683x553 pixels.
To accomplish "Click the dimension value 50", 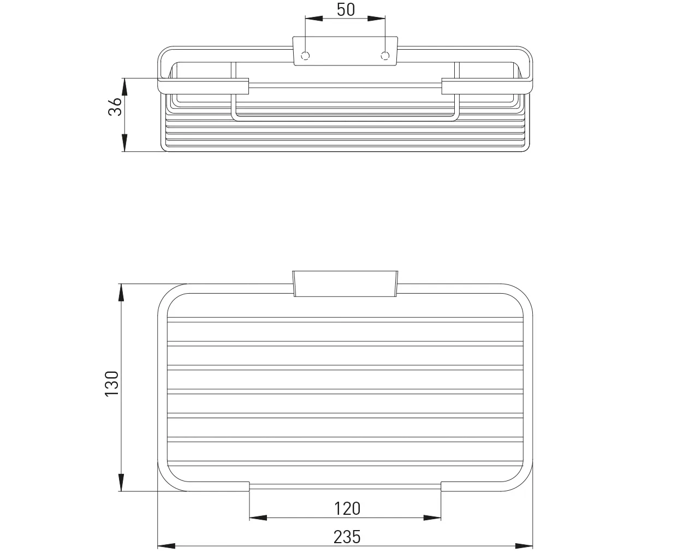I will point(345,10).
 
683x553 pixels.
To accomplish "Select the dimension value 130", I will point(112,383).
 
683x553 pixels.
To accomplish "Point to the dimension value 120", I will point(347,509).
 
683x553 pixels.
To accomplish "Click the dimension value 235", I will point(347,537).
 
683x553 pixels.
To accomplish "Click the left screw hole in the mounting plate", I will point(306,55).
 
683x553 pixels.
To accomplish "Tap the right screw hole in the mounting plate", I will point(385,55).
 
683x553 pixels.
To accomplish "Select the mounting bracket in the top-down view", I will point(346,283).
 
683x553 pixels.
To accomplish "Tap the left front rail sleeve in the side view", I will point(203,86).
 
